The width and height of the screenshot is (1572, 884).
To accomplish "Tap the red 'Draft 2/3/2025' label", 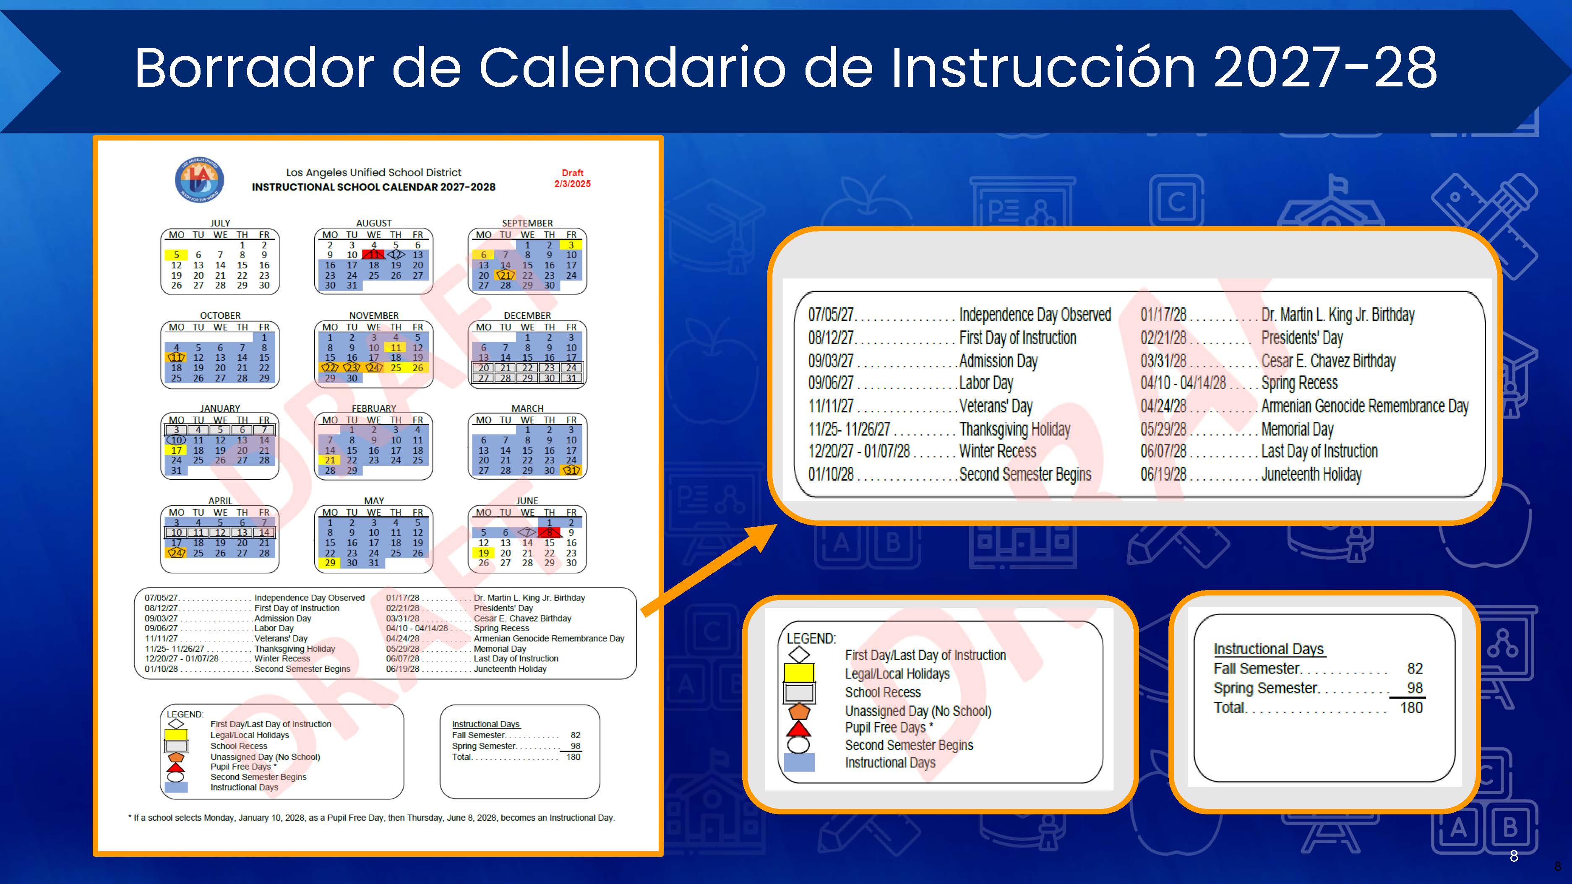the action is pyautogui.click(x=572, y=178).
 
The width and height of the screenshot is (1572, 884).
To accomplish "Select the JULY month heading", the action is pyautogui.click(x=220, y=223).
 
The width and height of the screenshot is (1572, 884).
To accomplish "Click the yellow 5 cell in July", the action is pyautogui.click(x=176, y=255).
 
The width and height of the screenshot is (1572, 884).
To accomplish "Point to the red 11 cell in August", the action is pyautogui.click(x=373, y=255).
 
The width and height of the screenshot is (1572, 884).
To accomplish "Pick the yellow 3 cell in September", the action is pyautogui.click(x=571, y=244).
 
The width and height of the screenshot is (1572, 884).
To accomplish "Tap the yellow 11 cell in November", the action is pyautogui.click(x=396, y=348).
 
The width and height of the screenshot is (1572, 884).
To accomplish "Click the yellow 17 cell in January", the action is pyautogui.click(x=176, y=450).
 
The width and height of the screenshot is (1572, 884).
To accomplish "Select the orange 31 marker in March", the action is pyautogui.click(x=571, y=471).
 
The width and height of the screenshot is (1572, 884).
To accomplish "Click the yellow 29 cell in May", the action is pyautogui.click(x=330, y=563).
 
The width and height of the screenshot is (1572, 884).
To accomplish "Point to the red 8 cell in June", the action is pyautogui.click(x=549, y=533).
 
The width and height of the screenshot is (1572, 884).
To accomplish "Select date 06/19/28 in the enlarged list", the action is pyautogui.click(x=1163, y=474).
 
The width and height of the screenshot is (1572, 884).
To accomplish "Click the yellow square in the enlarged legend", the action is pyautogui.click(x=799, y=673).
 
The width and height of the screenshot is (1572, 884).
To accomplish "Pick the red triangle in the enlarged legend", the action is pyautogui.click(x=799, y=728).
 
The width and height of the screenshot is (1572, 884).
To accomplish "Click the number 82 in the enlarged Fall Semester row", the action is pyautogui.click(x=1415, y=668).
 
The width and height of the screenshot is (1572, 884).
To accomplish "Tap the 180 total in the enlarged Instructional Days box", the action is pyautogui.click(x=1411, y=708).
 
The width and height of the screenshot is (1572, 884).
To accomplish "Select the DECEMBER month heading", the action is pyautogui.click(x=527, y=315).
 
